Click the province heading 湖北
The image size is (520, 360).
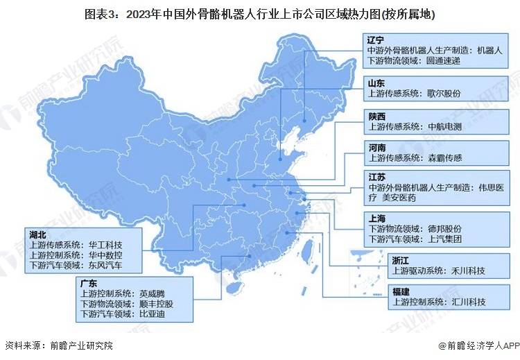click(x=38, y=234)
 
